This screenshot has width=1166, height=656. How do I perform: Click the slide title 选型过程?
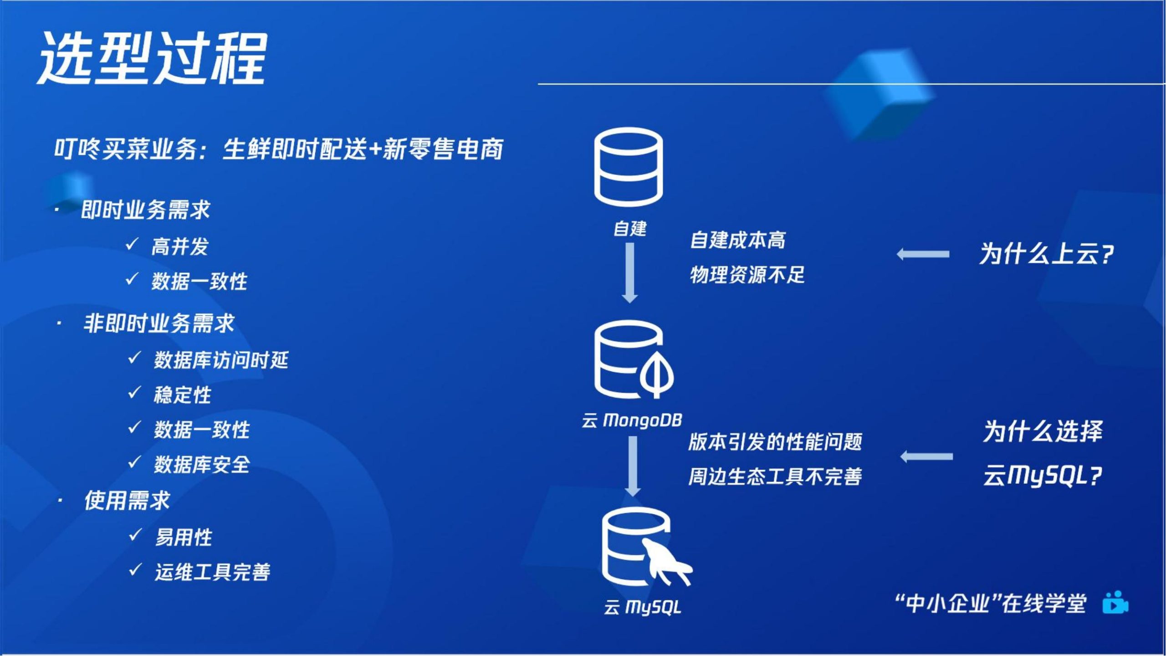152,58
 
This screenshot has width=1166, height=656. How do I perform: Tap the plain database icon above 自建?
629,167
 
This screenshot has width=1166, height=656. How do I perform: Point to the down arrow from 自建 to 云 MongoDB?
629,272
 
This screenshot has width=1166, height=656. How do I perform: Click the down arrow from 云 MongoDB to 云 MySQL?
633,466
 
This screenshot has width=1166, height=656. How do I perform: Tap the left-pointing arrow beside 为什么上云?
923,254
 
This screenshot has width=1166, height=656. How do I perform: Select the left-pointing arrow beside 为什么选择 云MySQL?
926,456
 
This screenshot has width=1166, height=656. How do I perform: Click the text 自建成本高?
738,240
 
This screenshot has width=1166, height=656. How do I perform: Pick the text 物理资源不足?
747,275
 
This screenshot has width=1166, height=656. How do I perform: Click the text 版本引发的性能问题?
775,441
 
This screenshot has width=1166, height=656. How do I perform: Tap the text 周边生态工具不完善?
775,477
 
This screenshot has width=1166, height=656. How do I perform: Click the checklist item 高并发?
179,247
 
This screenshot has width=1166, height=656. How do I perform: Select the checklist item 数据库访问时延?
221,360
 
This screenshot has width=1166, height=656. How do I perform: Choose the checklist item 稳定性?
182,395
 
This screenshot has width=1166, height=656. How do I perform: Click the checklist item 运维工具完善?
212,572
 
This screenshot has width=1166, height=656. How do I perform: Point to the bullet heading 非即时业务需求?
159,323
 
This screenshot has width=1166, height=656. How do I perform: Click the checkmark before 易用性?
135,534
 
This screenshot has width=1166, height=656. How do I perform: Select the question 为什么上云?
1047,254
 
